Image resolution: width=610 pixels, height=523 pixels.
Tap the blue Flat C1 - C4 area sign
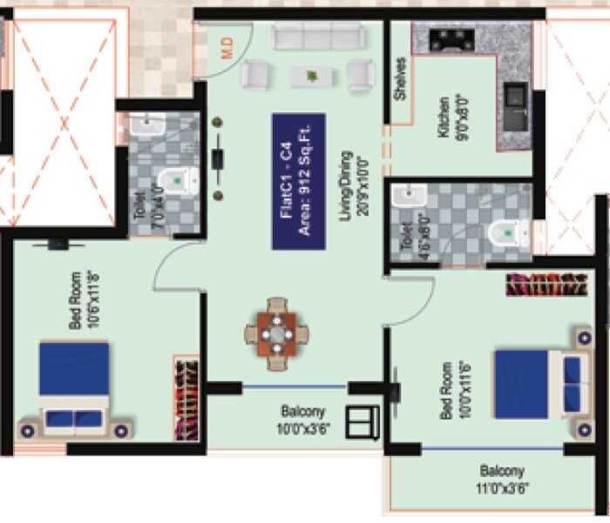click(x=298, y=181)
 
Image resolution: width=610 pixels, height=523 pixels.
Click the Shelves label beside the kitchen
click(x=401, y=79)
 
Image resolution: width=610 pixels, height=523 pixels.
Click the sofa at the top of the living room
click(x=318, y=37)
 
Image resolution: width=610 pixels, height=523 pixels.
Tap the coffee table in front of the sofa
click(x=310, y=77)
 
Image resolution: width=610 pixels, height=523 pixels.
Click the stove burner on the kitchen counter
click(x=451, y=39)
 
